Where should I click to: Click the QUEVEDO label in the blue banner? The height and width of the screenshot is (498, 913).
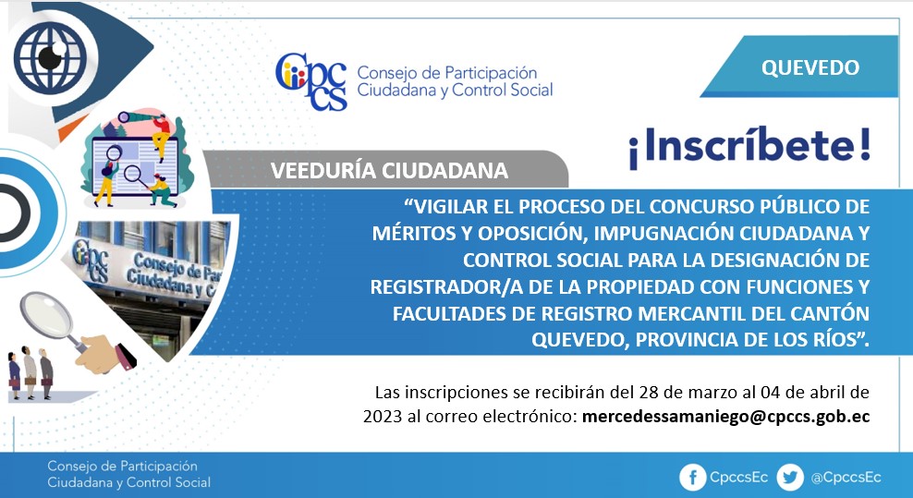pos(810,67)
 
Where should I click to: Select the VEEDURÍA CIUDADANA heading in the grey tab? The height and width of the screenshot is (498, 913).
pos(389,170)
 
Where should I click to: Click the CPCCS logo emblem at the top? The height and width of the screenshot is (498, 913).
pos(311,81)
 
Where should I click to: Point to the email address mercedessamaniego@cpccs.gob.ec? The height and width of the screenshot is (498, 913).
pos(725,417)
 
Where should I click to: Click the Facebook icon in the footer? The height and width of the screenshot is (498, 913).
pos(692,478)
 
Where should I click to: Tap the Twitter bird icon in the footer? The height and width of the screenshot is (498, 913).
pos(789,478)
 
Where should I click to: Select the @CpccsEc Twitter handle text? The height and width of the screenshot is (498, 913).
pos(846,478)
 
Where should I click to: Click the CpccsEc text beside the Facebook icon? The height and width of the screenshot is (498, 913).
pos(738,478)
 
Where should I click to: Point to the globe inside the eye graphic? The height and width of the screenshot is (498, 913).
pos(50,57)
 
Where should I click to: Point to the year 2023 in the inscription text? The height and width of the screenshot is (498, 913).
pos(383,417)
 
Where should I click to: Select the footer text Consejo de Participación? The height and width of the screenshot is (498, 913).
pos(122,466)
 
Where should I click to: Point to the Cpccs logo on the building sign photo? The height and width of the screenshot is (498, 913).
pos(91,260)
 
